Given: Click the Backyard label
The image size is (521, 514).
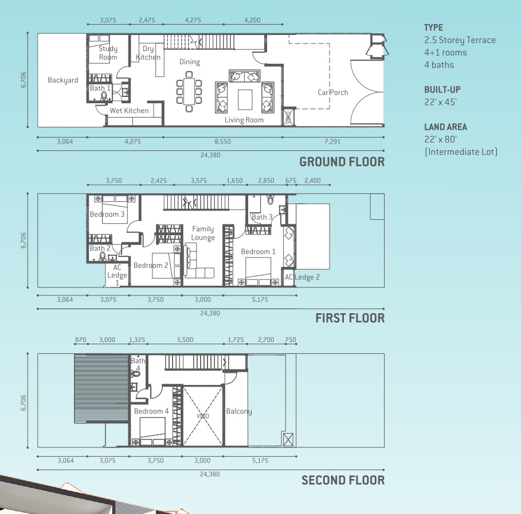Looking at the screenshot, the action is point(63,80).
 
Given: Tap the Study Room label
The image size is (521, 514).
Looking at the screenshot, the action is point(108,53).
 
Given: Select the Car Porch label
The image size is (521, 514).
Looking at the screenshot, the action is point(332,92).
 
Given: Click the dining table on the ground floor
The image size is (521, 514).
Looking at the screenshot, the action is point(189,91).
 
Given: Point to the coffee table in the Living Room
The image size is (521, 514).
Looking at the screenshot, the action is point(245,99).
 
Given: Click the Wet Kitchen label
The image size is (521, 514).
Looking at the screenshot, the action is point(129,111).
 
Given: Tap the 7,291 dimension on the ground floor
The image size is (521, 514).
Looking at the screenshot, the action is point(332,141).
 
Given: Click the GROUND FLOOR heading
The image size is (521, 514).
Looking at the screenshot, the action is point(342,162).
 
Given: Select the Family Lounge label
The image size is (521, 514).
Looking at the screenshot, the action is point(203,233).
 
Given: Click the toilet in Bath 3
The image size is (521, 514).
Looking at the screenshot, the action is point(270,200).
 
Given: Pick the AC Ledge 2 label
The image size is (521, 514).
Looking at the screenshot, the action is point(302,277).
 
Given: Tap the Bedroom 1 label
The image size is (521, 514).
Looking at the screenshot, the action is point(258,252).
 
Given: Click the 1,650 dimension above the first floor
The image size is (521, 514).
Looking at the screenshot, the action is point(234,181).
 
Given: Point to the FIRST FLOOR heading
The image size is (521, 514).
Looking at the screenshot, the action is point(350,318).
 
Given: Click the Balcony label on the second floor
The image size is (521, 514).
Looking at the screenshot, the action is point(239,411).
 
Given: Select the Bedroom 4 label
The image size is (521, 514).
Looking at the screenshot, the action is point(151,411).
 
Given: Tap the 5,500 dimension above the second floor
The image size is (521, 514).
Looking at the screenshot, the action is point(185,340).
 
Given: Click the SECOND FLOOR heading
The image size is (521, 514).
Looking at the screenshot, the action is point(343,480).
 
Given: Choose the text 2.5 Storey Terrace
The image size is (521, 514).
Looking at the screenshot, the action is point(460,40).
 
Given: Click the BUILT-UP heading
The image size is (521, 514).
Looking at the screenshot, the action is point(442,89).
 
